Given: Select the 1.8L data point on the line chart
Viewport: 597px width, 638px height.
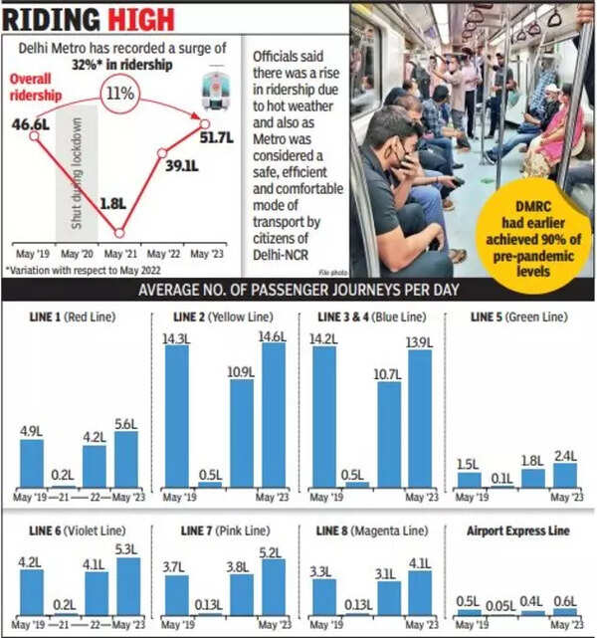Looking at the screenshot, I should pos(119,234).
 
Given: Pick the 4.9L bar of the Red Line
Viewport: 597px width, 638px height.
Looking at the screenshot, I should pos(32,462).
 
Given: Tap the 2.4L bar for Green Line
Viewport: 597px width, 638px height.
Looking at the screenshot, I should pos(566,475).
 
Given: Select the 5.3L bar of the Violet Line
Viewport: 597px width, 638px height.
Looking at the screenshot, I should pos(126,585).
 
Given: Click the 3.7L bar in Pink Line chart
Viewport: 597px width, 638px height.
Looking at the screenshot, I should pos(176,594).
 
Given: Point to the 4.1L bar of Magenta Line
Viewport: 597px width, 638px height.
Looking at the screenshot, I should pos(419,591).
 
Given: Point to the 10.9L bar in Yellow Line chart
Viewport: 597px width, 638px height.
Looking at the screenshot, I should pos(240,438).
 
